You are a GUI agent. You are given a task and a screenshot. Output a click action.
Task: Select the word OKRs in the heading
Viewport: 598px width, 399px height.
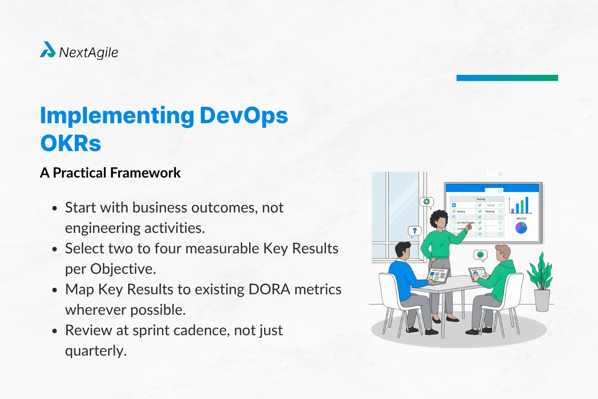pyautogui.click(x=70, y=144)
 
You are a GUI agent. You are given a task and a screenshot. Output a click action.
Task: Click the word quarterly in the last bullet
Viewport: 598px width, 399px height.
pyautogui.click(x=94, y=351)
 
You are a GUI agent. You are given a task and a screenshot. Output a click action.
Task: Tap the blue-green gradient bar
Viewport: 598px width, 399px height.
pyautogui.click(x=507, y=78)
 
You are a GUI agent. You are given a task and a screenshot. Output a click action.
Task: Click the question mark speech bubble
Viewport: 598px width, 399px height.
pyautogui.click(x=413, y=231)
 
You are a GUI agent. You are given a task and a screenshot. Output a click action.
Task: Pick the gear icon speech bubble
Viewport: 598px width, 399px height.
pyautogui.click(x=427, y=202)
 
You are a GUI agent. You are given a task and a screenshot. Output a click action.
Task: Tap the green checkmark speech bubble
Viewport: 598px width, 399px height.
pyautogui.click(x=480, y=255)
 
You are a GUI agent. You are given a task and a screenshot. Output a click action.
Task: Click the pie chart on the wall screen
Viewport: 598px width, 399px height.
pyautogui.click(x=521, y=227)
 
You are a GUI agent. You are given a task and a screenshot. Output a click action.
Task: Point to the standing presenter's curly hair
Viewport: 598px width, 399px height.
pyautogui.click(x=439, y=219)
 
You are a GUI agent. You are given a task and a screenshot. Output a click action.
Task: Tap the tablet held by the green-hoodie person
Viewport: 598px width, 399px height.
pyautogui.click(x=475, y=273)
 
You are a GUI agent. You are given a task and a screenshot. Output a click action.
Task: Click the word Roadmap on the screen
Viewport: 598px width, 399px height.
pyautogui.click(x=490, y=211)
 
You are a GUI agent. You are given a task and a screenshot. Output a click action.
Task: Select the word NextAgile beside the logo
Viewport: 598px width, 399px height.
pyautogui.click(x=89, y=52)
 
